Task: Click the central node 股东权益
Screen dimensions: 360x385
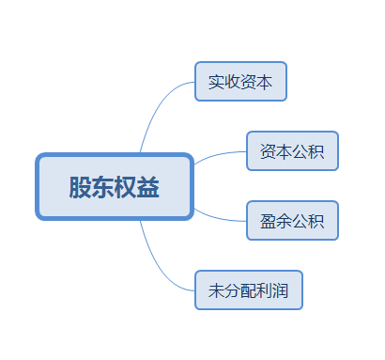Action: pos(115,187)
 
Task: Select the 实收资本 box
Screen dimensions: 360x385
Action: pos(240,82)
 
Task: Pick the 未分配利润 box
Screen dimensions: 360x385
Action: pos(249,290)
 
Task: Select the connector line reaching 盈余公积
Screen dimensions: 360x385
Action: pos(221,217)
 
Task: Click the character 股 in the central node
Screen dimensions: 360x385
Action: pos(80,187)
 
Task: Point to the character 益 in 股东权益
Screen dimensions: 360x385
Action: pos(148,187)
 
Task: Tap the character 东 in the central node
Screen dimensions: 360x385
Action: pos(102,187)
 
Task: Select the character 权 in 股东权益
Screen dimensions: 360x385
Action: pos(126,187)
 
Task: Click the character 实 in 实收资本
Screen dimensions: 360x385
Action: pos(216,82)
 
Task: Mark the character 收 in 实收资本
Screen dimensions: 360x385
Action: pos(232,82)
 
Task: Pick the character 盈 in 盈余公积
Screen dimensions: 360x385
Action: pos(268,222)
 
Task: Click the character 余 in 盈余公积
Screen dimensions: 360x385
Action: pos(284,222)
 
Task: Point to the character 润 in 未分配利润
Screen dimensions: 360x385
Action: pos(281,290)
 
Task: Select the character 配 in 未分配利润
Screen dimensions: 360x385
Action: pos(249,290)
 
